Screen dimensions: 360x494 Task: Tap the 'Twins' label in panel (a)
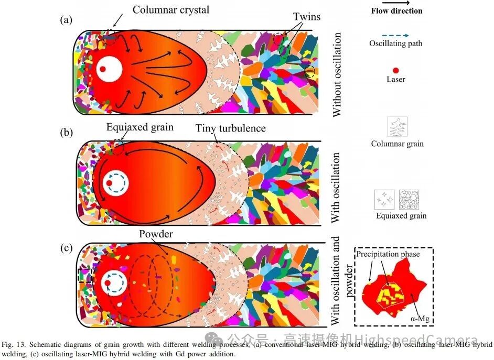pos(307,17)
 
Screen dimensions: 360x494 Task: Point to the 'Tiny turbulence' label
pos(231,128)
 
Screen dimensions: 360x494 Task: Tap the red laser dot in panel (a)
pos(104,69)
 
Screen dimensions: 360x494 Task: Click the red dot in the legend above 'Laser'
pos(396,70)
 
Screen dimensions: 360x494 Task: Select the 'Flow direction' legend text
pos(396,10)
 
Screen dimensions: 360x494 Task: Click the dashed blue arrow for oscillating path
pos(396,36)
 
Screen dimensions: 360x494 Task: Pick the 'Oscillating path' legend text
pos(395,43)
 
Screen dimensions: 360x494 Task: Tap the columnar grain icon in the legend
pos(398,127)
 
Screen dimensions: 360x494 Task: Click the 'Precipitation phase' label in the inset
pos(388,254)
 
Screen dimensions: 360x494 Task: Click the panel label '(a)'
pos(66,20)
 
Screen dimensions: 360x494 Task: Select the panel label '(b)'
pos(66,132)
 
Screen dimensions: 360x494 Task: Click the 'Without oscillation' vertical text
pos(337,74)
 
